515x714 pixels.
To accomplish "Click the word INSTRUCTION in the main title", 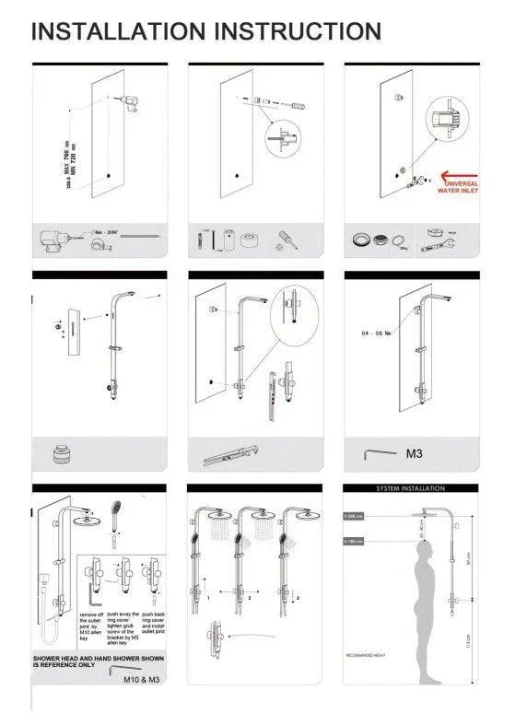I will pos(297,31).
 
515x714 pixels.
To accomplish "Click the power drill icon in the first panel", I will pos(53,240).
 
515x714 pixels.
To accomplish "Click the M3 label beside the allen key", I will pos(416,453).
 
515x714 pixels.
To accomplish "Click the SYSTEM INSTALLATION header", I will pos(411,488).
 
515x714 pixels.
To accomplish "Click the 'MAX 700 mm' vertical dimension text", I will pos(67,158).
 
